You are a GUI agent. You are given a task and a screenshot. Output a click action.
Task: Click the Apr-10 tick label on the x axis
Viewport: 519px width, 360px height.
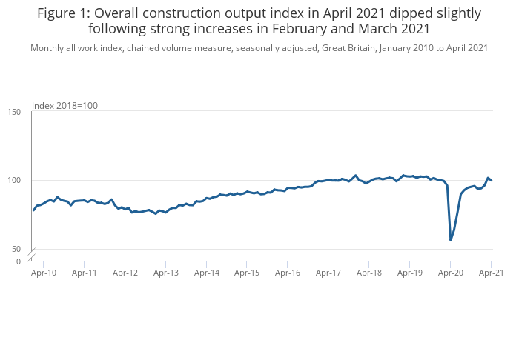[43, 273]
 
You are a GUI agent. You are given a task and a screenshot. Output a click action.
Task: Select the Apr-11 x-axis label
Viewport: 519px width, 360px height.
[84, 273]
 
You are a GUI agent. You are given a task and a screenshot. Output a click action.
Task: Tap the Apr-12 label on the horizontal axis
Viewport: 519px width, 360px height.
[125, 273]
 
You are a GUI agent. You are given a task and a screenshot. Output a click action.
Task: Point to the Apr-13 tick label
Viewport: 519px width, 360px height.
[165, 273]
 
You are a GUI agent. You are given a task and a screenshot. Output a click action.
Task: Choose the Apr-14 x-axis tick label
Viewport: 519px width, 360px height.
[206, 273]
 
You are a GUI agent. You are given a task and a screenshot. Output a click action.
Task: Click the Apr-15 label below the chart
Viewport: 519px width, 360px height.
[247, 273]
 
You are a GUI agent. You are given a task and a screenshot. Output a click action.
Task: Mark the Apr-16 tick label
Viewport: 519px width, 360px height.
[288, 273]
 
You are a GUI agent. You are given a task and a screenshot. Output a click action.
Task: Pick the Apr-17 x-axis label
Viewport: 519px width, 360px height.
[328, 273]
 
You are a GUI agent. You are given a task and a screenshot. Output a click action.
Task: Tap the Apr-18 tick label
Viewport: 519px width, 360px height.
[369, 273]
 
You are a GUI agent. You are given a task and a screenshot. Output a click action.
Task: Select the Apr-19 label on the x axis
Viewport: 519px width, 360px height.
[410, 273]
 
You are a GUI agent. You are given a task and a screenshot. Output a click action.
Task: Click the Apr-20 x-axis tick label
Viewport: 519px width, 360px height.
[450, 273]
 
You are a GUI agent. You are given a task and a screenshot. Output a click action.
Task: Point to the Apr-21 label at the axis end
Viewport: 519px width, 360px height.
[491, 273]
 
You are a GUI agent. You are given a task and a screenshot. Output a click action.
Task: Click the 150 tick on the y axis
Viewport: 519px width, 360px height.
[14, 112]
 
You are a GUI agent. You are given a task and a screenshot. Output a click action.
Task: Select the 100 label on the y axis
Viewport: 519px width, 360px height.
[14, 181]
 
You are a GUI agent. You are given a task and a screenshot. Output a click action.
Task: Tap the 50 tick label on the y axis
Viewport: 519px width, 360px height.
[16, 250]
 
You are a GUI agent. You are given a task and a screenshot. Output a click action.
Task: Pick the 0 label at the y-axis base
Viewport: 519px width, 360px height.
[19, 261]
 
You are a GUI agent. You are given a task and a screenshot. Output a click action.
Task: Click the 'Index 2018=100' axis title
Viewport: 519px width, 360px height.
[65, 105]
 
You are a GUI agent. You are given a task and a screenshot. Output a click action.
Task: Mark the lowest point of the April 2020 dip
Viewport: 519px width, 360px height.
[451, 240]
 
